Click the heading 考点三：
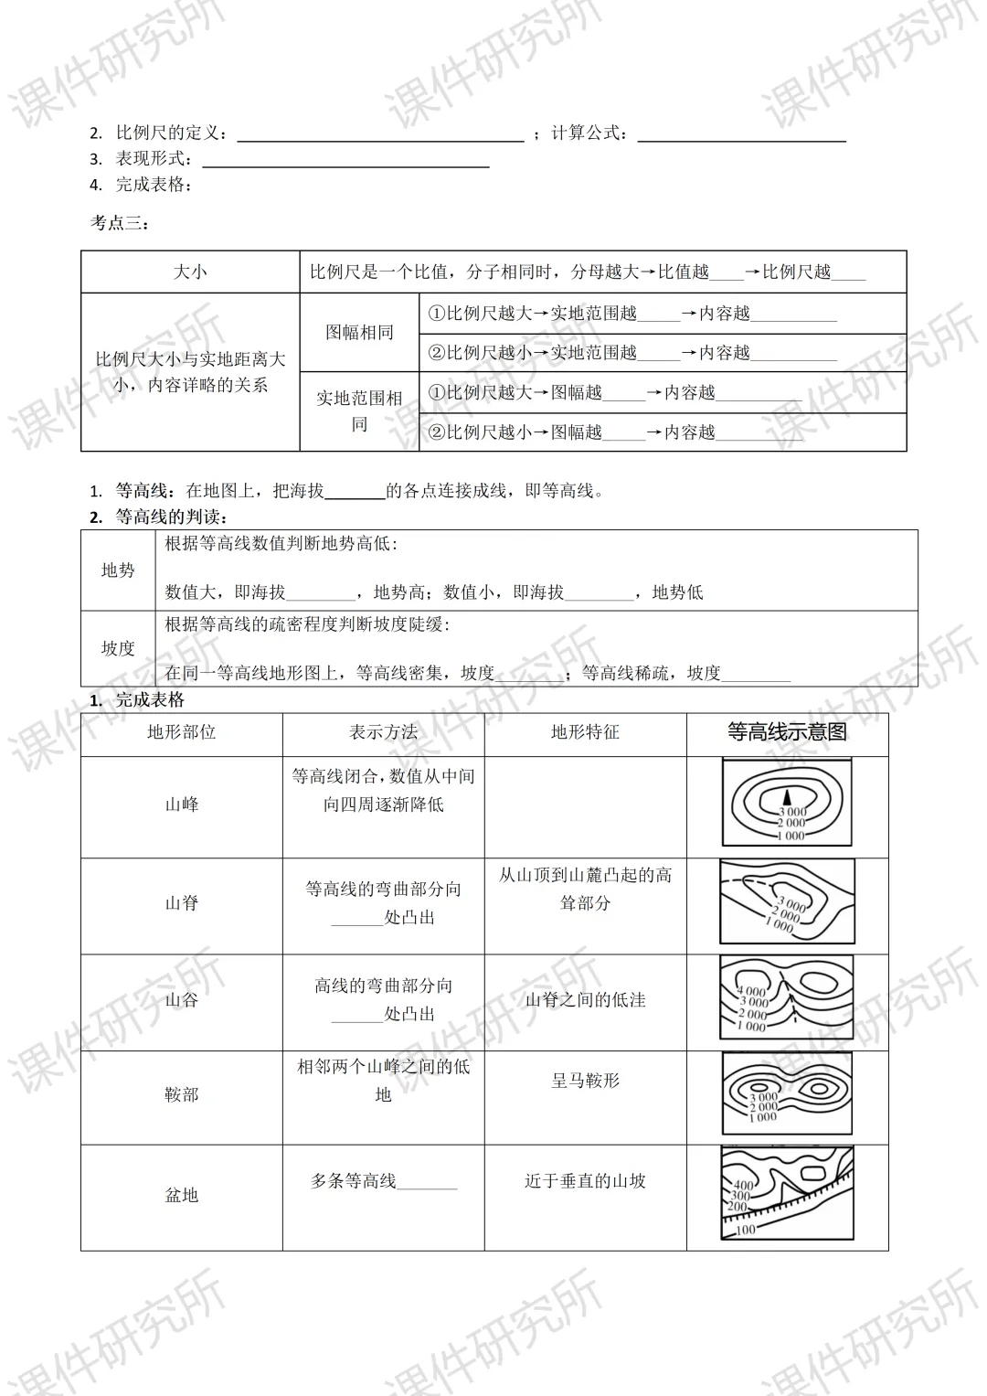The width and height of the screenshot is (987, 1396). (x=119, y=222)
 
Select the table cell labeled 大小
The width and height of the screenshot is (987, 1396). (x=190, y=272)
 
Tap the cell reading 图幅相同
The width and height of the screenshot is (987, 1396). (x=359, y=332)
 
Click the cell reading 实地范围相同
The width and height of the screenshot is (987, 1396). (x=359, y=410)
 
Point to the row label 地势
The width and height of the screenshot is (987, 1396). (x=118, y=570)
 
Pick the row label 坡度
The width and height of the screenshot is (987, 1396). (x=118, y=648)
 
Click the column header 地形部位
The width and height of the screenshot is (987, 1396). (x=181, y=732)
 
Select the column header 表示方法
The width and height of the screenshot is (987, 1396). (x=383, y=732)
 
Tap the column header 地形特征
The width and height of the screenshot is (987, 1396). (x=585, y=732)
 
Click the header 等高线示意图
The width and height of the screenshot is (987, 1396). (x=787, y=732)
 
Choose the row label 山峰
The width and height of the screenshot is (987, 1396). (x=181, y=805)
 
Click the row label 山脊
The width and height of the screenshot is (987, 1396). (x=181, y=903)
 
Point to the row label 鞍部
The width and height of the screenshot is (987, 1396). (x=181, y=1094)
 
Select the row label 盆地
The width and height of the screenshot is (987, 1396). (x=181, y=1195)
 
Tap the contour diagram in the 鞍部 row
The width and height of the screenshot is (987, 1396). (x=787, y=1093)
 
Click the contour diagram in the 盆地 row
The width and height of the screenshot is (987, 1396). (x=787, y=1194)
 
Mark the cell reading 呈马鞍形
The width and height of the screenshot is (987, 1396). (x=585, y=1081)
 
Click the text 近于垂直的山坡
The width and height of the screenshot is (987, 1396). (x=585, y=1181)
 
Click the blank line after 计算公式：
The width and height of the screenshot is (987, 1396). (x=741, y=133)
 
